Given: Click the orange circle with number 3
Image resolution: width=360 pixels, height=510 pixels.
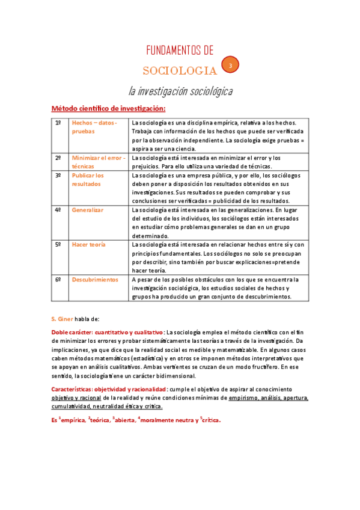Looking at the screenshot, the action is click(x=230, y=66).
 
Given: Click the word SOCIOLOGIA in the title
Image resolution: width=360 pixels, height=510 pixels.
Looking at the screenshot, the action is click(x=180, y=71).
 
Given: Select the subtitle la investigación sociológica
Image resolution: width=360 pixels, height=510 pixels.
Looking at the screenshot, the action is click(x=180, y=91).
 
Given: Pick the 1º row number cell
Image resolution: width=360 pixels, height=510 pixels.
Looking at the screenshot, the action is click(x=58, y=123).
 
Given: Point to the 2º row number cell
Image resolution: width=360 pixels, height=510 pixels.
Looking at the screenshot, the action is click(x=58, y=158).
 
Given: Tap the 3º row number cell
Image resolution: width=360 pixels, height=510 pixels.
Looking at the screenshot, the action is click(x=58, y=176).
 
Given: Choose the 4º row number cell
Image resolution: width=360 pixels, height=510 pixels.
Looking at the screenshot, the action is click(x=58, y=210).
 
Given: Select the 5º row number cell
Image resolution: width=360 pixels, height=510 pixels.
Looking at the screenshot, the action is click(x=58, y=245).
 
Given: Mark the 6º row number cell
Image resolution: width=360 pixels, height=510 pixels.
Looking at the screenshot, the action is click(x=58, y=280).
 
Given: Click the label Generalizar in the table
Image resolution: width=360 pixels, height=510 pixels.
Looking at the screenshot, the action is click(x=88, y=210).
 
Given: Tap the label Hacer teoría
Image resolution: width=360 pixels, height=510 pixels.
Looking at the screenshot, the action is click(x=88, y=245).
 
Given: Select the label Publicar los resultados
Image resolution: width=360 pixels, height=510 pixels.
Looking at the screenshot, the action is click(x=88, y=180).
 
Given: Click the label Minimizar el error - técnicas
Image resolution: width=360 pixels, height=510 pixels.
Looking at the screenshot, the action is click(x=98, y=162).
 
